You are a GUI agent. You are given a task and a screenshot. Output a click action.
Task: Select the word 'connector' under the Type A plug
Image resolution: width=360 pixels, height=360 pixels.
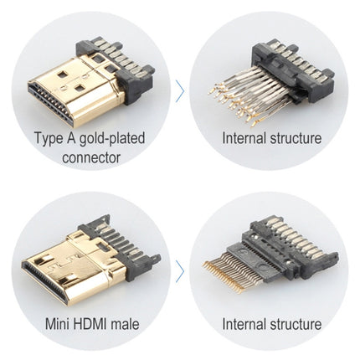click(x=90, y=157)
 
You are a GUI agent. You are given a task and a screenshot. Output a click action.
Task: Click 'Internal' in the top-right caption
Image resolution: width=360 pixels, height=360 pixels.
click(x=245, y=138)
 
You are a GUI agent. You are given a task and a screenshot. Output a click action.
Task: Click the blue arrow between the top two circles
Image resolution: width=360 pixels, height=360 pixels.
click(x=180, y=90)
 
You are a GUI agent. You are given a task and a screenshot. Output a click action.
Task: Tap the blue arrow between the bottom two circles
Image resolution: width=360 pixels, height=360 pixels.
click(x=180, y=270)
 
